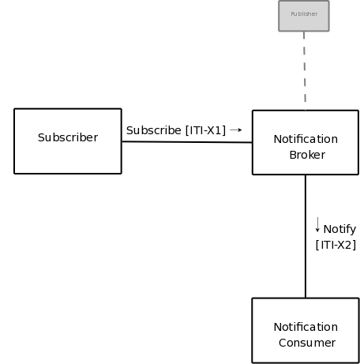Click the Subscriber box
pos(67,141)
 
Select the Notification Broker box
pos(305,142)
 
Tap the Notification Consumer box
pos(305,330)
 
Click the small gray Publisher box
pos(303,16)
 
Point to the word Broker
pos(306,155)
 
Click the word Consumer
pos(306,343)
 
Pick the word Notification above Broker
pos(306,139)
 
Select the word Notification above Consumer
pos(306,327)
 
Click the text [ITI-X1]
pos(205,130)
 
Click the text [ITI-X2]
pos(336,245)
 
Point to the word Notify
pos(339,229)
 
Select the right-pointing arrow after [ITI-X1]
pos(235,129)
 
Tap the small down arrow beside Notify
pos(317,226)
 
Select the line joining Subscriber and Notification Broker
pos(186,142)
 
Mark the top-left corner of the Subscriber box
pos(14,109)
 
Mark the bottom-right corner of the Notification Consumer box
pos(358,362)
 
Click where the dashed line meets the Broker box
pos(305,110)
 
